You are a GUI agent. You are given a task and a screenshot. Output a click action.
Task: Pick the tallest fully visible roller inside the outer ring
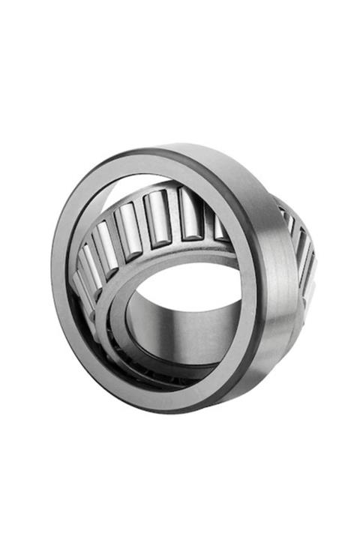pyautogui.click(x=158, y=218)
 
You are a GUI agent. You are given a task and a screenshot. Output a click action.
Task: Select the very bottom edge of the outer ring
pyautogui.click(x=187, y=409)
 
